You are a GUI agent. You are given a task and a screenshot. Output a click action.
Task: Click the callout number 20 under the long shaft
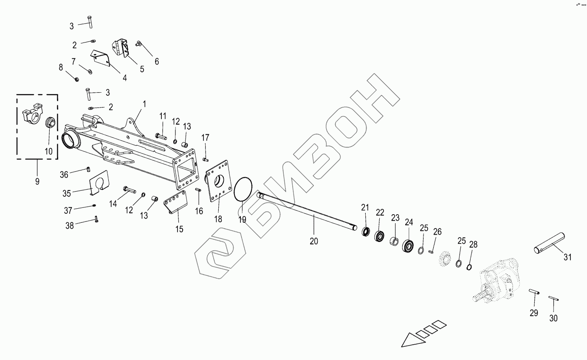(314, 241)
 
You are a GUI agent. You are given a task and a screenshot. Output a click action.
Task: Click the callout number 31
(568, 257)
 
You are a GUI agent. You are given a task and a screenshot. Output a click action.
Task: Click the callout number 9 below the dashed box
(37, 181)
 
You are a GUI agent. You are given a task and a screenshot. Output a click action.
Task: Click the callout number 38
(69, 225)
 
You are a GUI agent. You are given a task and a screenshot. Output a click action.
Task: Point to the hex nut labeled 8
(75, 79)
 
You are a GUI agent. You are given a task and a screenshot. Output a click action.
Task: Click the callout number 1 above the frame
(144, 103)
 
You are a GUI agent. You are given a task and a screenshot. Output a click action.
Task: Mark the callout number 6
(157, 61)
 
